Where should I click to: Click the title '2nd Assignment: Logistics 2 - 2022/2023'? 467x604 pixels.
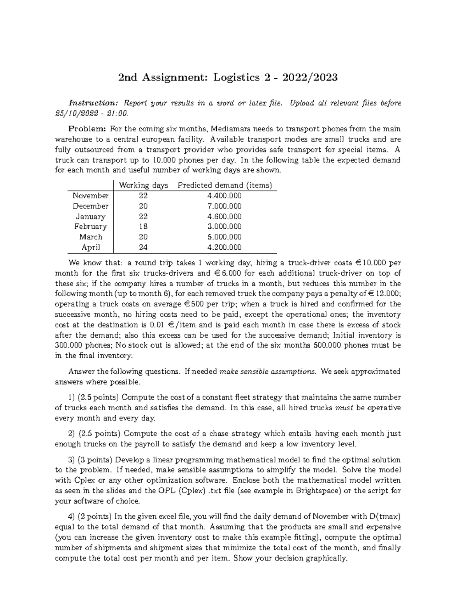click(228, 78)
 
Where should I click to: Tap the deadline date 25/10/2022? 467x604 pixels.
click(79, 114)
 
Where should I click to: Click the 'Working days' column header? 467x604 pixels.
click(143, 186)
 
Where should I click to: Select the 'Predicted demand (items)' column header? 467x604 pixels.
click(225, 186)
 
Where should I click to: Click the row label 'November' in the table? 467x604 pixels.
click(90, 196)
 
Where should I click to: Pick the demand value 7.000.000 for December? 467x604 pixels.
click(225, 206)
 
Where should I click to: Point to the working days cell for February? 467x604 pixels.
click(143, 226)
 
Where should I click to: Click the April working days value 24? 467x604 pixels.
click(143, 247)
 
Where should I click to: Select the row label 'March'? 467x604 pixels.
click(91, 237)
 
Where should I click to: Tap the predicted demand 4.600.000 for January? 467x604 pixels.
click(225, 216)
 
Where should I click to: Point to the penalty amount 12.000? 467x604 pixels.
click(389, 294)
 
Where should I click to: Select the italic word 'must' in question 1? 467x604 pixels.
click(344, 408)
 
